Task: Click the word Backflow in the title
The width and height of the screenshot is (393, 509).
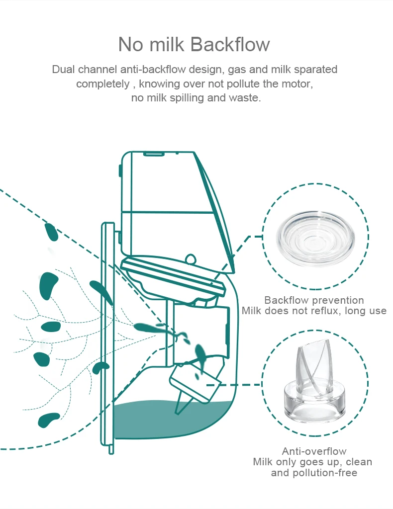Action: (230, 44)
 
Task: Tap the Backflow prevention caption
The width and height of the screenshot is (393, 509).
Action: (314, 300)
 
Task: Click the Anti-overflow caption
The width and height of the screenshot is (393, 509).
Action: (314, 451)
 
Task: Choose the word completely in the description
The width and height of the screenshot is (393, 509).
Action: (102, 84)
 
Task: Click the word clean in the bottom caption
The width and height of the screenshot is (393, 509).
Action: (359, 462)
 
